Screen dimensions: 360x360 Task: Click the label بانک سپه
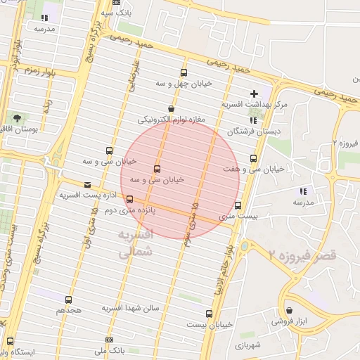point(116,13)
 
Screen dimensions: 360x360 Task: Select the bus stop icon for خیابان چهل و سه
point(184,72)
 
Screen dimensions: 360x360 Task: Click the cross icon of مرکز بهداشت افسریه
point(254,94)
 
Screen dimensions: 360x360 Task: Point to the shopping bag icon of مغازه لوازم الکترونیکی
point(171,109)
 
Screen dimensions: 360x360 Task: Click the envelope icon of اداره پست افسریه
point(87,185)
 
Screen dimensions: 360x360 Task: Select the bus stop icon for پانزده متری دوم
point(129,199)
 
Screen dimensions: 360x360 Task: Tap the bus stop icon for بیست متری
point(238,206)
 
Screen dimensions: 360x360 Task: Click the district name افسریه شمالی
point(133,244)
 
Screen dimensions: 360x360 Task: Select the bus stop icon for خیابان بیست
point(209,314)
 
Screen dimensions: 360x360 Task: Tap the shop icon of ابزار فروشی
point(290,310)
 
